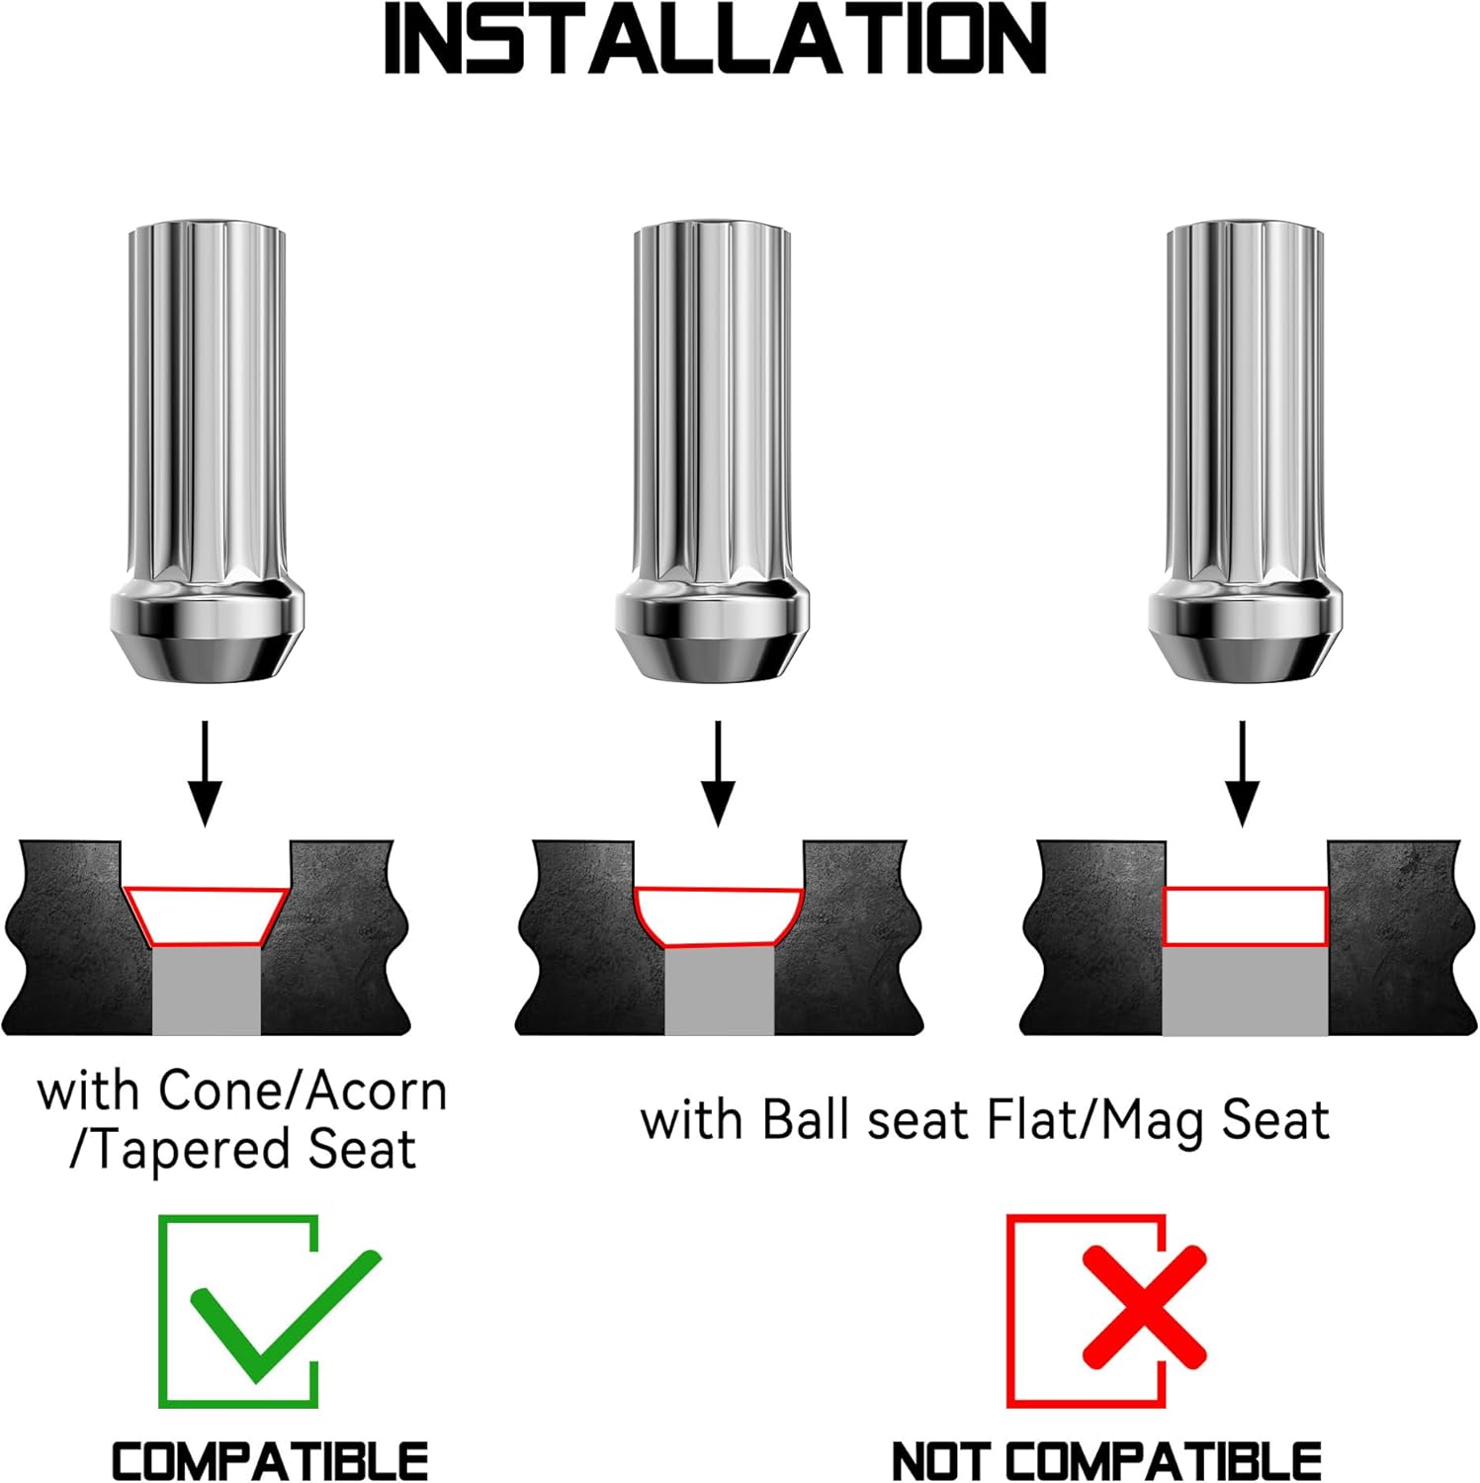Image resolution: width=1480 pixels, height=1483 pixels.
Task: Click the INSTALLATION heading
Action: tap(715, 40)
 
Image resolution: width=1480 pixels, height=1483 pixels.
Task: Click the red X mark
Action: tap(1144, 1306)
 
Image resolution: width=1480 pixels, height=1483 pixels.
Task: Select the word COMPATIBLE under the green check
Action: tap(270, 1460)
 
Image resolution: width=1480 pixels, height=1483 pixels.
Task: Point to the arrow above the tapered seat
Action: tap(205, 773)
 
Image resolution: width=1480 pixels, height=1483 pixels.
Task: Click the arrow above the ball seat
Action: tap(719, 773)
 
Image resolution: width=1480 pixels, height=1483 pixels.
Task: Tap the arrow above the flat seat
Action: tap(1243, 773)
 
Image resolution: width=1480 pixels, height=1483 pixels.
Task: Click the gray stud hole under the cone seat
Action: tap(206, 992)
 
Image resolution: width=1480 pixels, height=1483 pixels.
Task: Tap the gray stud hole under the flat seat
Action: tap(1245, 991)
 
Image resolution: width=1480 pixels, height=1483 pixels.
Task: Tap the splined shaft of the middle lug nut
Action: tap(712, 405)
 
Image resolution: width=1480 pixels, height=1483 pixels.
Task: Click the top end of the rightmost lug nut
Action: tap(1245, 227)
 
